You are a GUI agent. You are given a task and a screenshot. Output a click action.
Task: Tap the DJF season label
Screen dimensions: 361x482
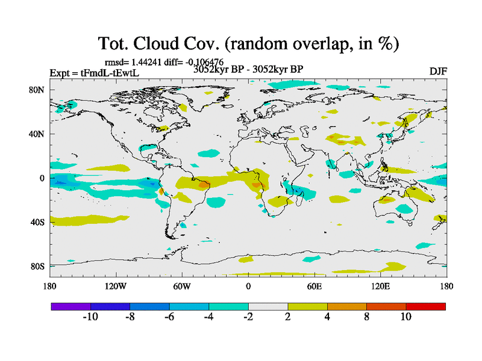pyautogui.click(x=438, y=71)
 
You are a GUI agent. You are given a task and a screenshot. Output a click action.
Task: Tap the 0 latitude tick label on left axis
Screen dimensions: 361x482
pyautogui.click(x=43, y=178)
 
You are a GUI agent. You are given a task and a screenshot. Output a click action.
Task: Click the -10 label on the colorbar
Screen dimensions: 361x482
pyautogui.click(x=90, y=316)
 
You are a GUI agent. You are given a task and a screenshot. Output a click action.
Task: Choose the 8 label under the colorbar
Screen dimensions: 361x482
pyautogui.click(x=366, y=316)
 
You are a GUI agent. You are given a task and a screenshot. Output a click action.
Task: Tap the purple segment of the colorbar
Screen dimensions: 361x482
pyautogui.click(x=70, y=306)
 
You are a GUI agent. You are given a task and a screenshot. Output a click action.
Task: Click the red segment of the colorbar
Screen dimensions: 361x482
pyautogui.click(x=425, y=306)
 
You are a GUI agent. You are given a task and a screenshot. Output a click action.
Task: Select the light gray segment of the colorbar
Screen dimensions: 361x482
pyautogui.click(x=268, y=306)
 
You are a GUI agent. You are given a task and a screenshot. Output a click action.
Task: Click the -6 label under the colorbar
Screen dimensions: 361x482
pyautogui.click(x=169, y=316)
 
